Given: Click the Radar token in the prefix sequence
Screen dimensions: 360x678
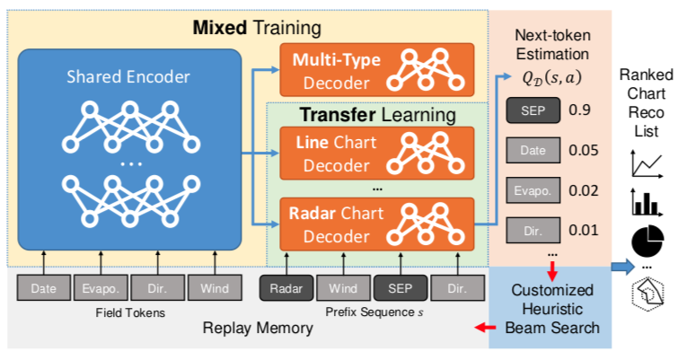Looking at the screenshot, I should [286, 288].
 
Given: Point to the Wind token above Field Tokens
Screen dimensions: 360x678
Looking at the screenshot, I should [215, 288].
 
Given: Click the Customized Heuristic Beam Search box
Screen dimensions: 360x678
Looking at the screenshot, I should [550, 308].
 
